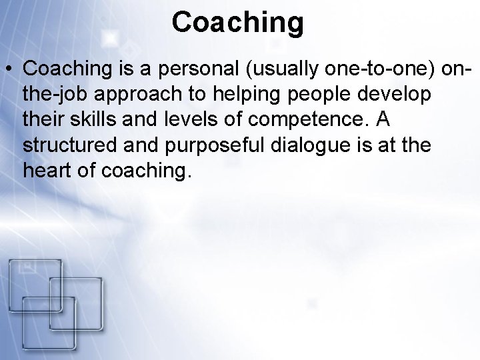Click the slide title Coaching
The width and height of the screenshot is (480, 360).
pos(237,23)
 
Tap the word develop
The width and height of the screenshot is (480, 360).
pos(399,94)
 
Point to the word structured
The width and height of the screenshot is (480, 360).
pos(69,145)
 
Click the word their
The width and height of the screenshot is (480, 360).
pos(41,119)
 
